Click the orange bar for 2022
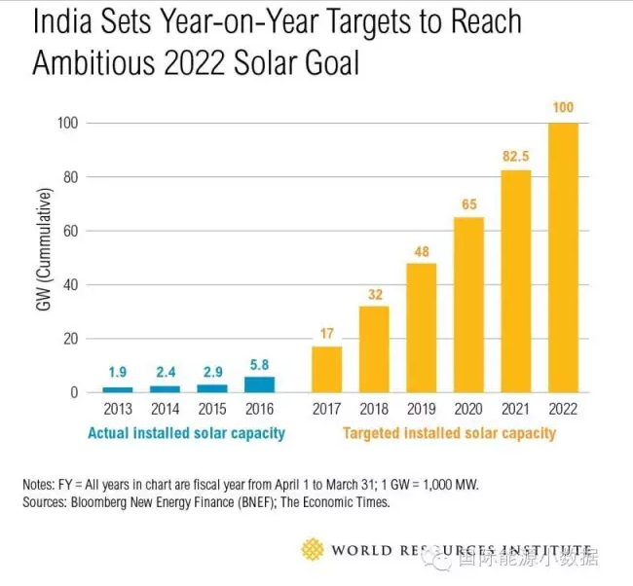coord(563,257)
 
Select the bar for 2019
coord(421,327)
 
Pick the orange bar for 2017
coord(326,369)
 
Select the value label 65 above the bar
coord(468,202)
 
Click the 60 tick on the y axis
coord(69,231)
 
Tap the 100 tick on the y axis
coord(65,124)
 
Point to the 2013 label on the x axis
coord(117,411)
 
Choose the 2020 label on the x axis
coord(468,411)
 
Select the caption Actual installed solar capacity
coord(186,433)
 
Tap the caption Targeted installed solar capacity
coord(449,433)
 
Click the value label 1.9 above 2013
coord(117,372)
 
